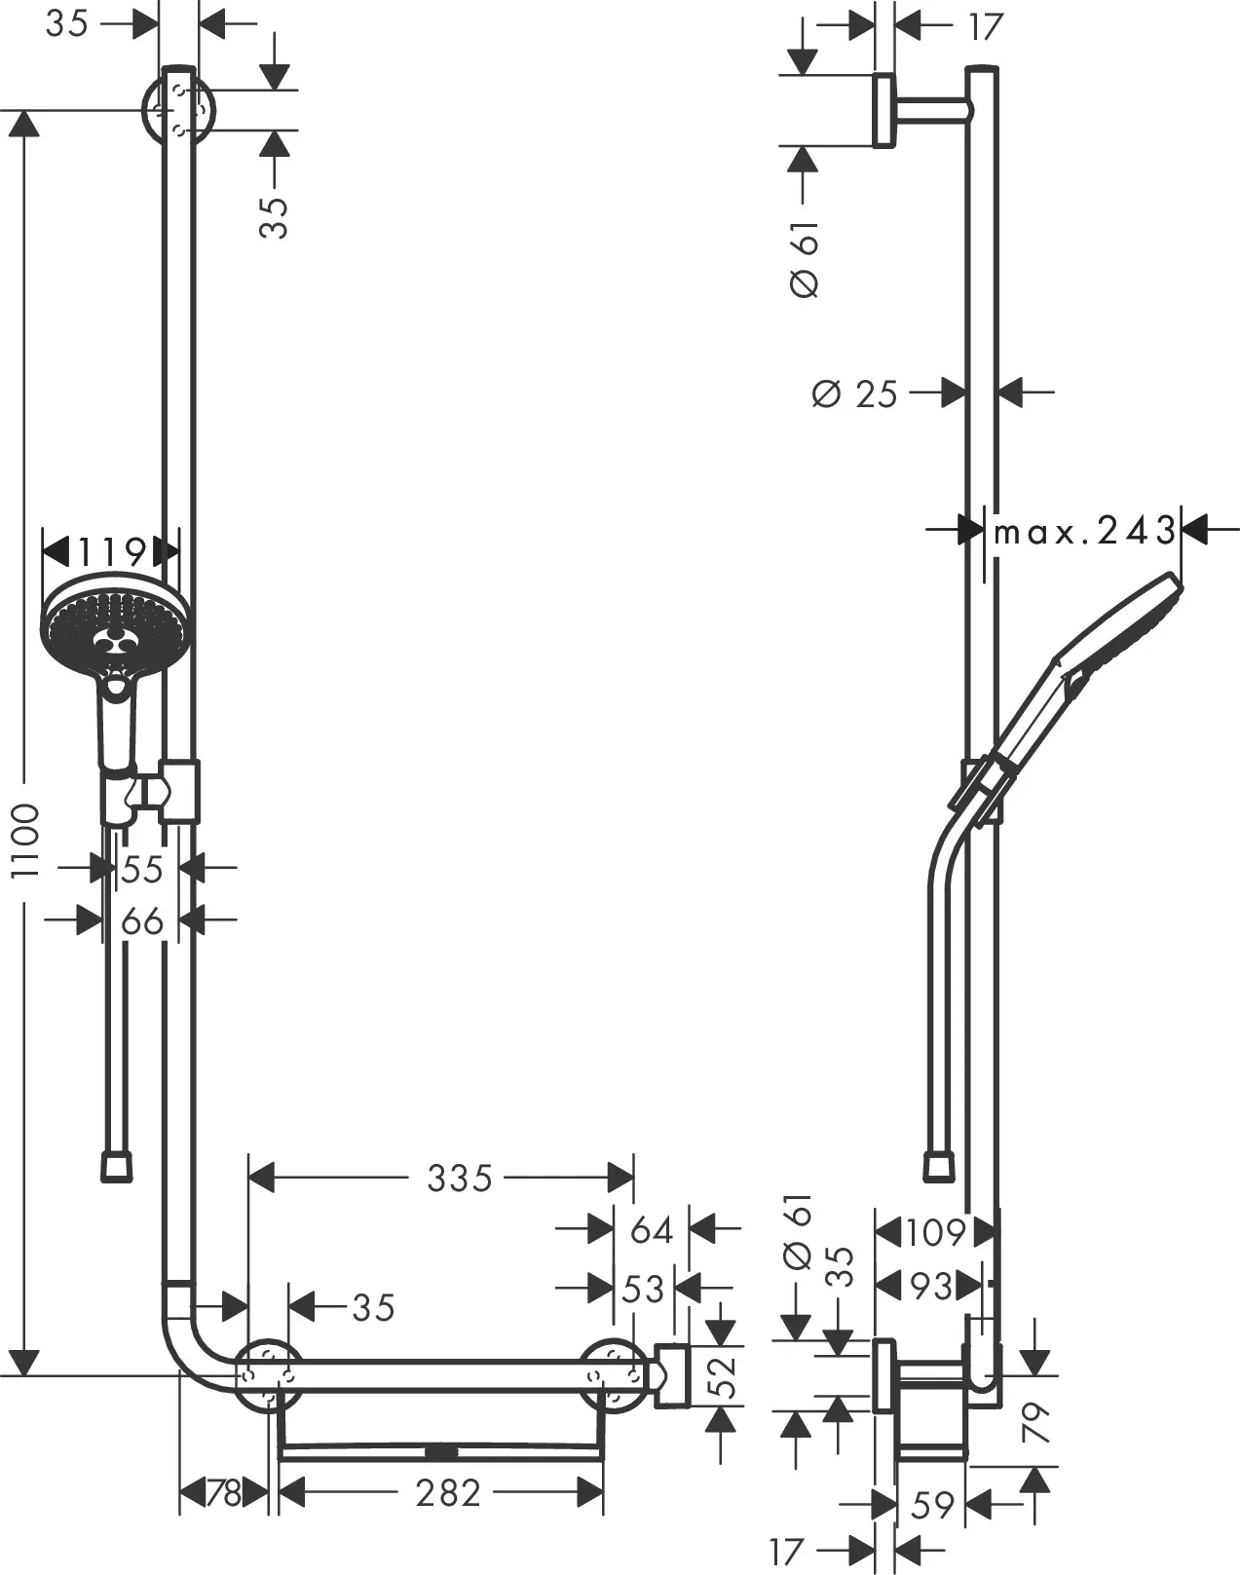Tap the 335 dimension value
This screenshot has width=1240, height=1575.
460,1179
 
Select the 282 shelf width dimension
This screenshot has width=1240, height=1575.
448,1492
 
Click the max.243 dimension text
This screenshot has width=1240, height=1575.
1084,531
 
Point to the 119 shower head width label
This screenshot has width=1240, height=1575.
112,552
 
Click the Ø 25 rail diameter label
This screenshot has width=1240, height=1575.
855,394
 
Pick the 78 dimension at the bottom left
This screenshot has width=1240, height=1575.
225,1492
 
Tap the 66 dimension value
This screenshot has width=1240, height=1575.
142,920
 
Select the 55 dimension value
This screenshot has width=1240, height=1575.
142,869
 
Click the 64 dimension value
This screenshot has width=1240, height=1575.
651,1230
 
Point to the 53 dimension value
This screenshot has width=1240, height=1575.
642,1290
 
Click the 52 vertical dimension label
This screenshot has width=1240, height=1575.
721,1375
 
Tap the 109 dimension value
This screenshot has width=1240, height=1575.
933,1233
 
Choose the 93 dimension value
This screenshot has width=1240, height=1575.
929,1286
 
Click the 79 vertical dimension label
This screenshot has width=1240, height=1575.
1037,1422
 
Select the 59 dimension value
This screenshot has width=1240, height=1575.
932,1505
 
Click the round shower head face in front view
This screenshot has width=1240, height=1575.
115,622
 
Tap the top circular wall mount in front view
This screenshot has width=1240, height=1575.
178,110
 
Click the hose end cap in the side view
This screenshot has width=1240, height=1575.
938,1167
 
